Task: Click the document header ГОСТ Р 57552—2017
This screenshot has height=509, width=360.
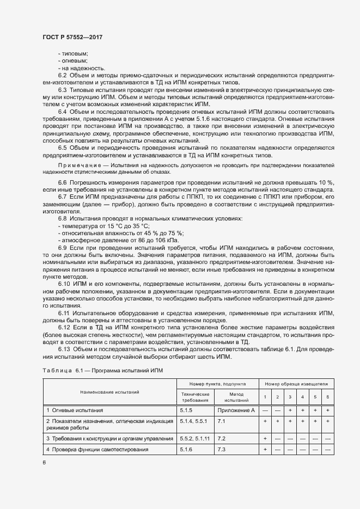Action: (72, 37)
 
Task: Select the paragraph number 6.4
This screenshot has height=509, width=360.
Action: (62, 112)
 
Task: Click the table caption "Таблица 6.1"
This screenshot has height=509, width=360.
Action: (62, 371)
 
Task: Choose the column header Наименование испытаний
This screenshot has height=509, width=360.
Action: (109, 391)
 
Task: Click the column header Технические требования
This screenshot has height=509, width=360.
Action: (194, 396)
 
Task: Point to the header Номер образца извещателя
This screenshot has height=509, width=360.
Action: (296, 383)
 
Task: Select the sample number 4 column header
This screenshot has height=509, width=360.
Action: (302, 396)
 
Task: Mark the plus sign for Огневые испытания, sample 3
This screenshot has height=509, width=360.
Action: (290, 410)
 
